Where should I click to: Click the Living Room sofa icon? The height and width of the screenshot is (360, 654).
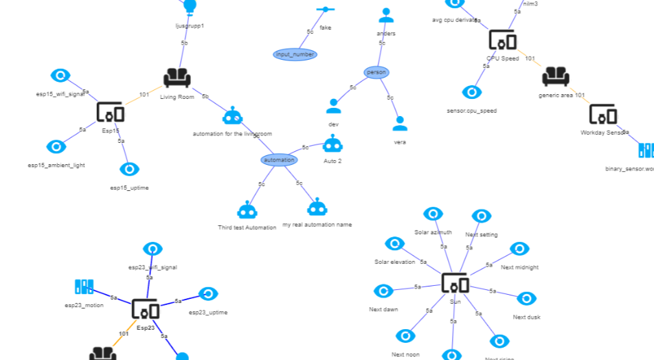177,78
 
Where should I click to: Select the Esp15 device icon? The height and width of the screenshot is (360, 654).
111,112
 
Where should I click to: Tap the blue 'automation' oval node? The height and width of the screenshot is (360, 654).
279,160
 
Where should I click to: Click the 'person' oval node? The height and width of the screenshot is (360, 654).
376,72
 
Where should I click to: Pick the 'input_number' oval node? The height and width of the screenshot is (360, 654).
295,54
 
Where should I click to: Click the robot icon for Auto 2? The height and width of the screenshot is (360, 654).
332,144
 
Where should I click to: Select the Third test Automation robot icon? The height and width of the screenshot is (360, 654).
247,210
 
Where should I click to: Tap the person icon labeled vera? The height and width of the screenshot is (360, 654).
400,124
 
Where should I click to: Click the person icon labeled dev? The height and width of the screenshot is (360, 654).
333,106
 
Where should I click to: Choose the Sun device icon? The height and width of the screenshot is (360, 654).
455,283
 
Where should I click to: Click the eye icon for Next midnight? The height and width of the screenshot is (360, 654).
519,249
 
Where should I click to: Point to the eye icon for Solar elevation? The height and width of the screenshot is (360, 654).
394,244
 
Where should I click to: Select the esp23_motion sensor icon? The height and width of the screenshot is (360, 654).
84,286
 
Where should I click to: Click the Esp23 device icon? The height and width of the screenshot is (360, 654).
146,310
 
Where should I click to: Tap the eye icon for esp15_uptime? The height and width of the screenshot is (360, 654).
129,169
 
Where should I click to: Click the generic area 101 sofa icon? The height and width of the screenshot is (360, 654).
556,76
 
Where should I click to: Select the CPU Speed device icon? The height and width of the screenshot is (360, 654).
502,40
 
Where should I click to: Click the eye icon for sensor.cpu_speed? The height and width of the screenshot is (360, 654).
471,92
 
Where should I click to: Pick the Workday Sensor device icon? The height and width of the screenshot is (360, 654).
602,114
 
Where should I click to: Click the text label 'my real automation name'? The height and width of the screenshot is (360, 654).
317,225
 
